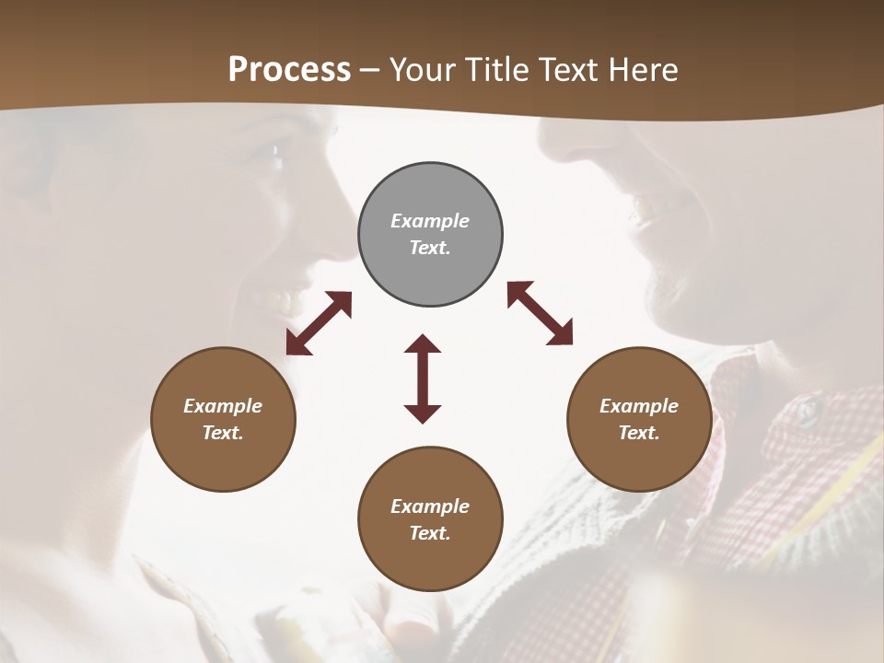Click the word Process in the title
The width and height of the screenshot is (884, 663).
point(289,70)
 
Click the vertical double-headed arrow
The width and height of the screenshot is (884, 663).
point(423,378)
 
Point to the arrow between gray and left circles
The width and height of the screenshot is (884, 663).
point(319,323)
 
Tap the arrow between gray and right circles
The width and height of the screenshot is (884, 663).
point(540,313)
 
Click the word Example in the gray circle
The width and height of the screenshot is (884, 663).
point(430,221)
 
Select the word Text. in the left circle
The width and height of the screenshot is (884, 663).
point(223,433)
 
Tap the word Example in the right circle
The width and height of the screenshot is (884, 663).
point(639,406)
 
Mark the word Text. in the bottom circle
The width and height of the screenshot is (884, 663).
point(430,533)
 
